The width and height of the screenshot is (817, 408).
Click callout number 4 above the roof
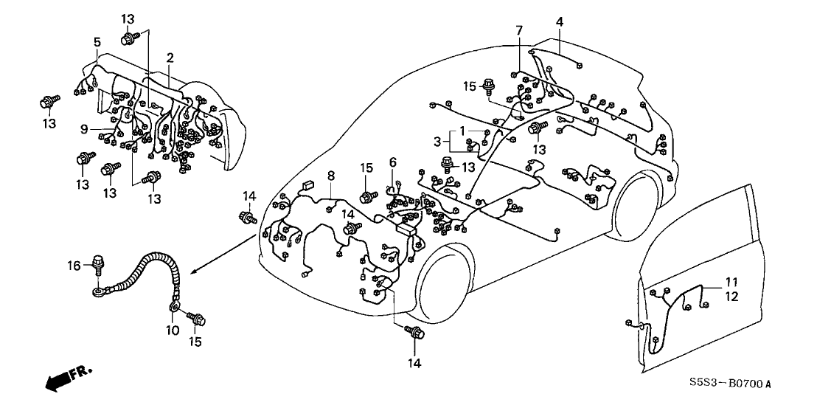[560, 22]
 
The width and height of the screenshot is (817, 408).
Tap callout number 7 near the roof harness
[519, 30]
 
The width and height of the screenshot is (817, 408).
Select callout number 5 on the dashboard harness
[97, 42]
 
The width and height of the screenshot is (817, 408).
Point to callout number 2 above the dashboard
[170, 57]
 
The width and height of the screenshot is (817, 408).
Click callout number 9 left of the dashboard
[85, 129]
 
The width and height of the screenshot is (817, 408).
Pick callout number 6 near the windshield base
[393, 162]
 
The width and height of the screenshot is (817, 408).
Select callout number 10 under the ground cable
[173, 330]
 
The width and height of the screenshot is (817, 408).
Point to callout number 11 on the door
[731, 282]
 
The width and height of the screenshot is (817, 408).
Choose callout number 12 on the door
[731, 296]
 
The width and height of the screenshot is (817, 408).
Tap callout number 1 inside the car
[462, 131]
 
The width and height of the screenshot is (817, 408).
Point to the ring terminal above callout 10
[175, 304]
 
